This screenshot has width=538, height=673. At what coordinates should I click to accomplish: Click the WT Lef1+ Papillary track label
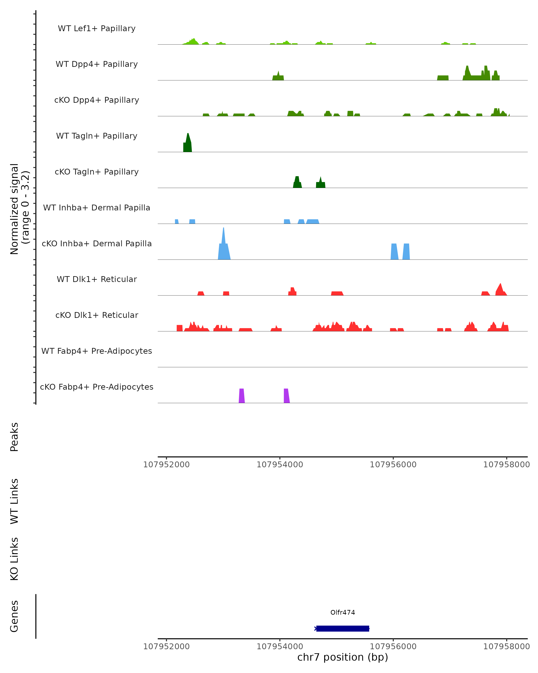coord(97,28)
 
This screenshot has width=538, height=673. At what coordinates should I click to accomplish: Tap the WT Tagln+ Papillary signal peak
coord(187,144)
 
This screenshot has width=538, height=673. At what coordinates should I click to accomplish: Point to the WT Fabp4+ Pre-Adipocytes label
coord(97,351)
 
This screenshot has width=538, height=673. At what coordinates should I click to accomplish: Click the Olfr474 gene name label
coord(343,612)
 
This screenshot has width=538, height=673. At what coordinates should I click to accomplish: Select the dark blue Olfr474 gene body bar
coord(343,628)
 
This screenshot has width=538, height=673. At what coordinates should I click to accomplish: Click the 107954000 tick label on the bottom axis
coord(280,647)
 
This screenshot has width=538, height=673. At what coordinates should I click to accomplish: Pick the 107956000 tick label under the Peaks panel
coord(393,465)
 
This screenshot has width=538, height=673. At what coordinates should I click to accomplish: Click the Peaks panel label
coord(14,437)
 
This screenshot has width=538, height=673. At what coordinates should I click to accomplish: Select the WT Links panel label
coord(14,501)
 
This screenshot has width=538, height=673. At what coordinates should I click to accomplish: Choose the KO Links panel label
coord(14,559)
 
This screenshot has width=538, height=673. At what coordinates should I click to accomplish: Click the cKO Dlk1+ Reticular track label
coord(97,315)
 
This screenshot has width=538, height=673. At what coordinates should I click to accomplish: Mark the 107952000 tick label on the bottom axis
coord(166,647)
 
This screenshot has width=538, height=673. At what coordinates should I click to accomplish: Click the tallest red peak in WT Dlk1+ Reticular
coord(500,289)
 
